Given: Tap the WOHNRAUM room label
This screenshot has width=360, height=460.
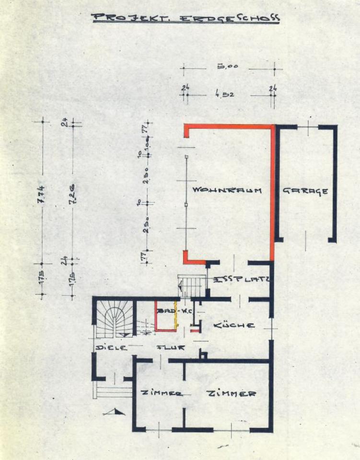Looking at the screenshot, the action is point(226,190).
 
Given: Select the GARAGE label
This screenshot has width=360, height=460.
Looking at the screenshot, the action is point(305,190).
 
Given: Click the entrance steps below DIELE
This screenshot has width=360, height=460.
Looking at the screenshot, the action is point(113,389).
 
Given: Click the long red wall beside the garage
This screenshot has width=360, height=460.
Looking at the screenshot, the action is point(273,192).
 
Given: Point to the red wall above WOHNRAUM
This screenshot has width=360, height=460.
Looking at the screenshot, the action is point(228,126).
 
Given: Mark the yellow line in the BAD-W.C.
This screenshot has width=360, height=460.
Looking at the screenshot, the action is point(176,316).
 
